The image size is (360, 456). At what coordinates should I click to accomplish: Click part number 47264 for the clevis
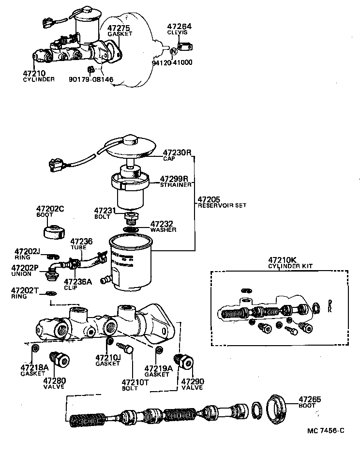click(x=179, y=26)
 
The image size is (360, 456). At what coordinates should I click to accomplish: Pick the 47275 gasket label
click(x=119, y=29)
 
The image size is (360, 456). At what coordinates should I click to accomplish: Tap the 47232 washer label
click(x=161, y=224)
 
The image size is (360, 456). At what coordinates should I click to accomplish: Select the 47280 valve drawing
click(x=61, y=359)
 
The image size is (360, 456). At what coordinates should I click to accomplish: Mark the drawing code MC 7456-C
click(x=325, y=430)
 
